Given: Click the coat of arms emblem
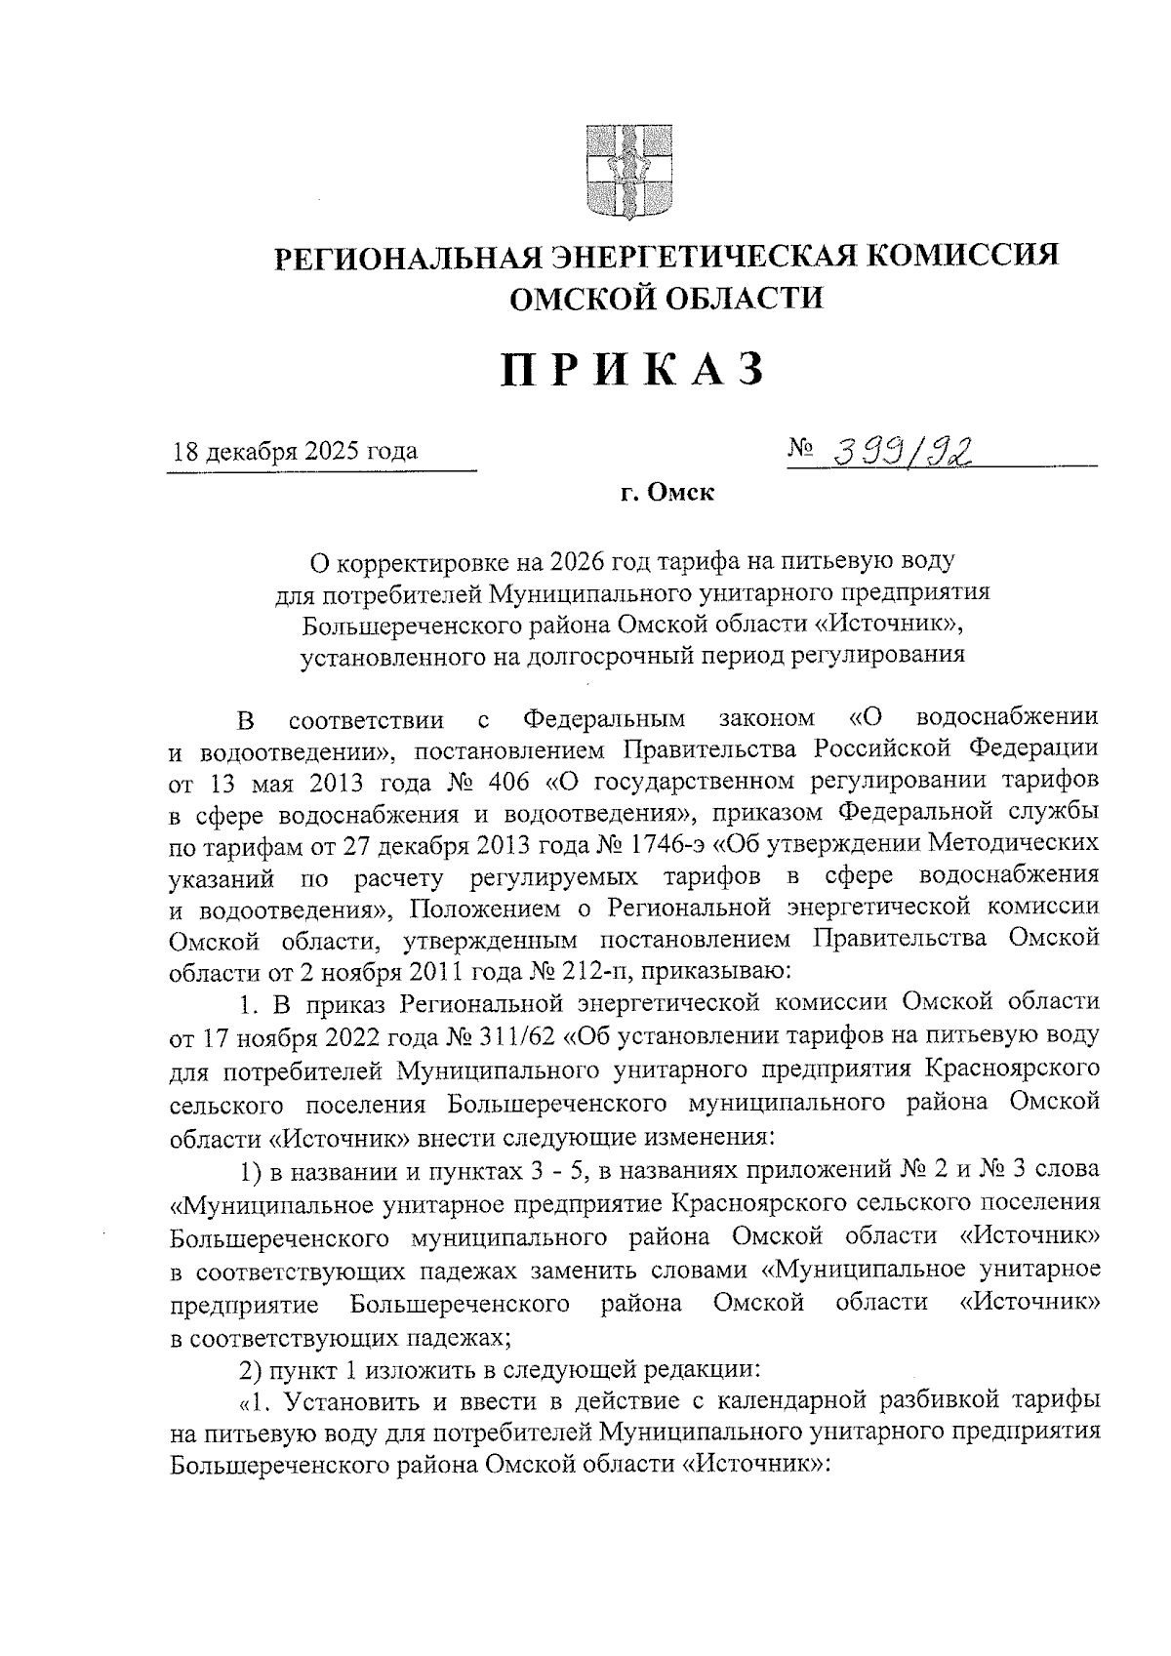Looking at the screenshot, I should pyautogui.click(x=628, y=171).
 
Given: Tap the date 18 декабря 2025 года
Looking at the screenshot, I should pyautogui.click(x=296, y=452).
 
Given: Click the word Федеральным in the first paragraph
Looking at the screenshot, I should pyautogui.click(x=604, y=720).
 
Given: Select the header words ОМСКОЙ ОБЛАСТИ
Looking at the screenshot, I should pyautogui.click(x=667, y=297).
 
